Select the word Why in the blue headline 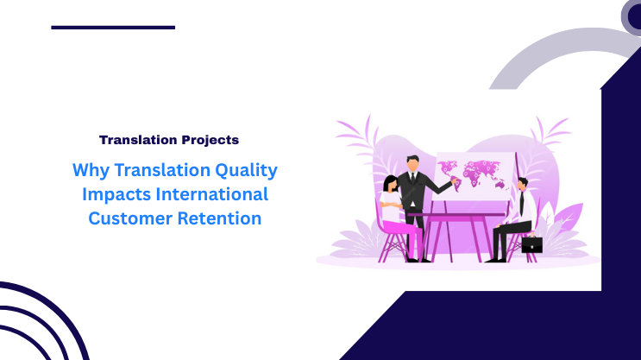[88, 169]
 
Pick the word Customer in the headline [126, 218]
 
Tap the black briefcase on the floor [531, 244]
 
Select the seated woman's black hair [389, 184]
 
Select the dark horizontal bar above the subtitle [113, 27]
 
